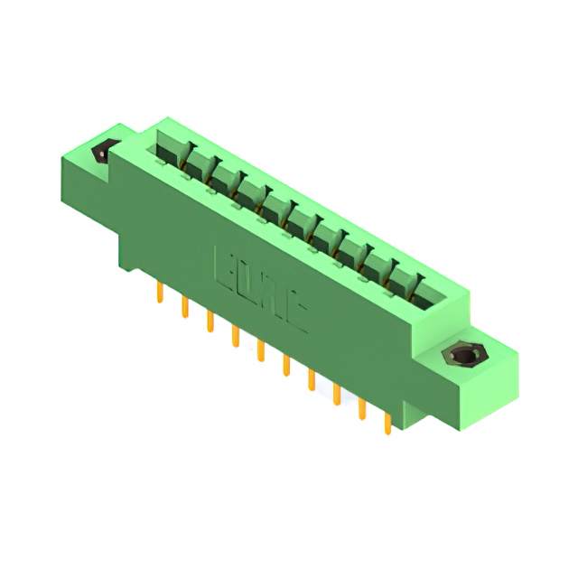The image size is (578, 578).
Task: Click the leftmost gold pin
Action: click(x=160, y=293)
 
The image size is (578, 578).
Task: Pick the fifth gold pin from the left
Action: click(x=260, y=349)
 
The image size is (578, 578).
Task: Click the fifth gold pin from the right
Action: click(x=286, y=363)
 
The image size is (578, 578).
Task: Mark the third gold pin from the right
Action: click(x=337, y=392)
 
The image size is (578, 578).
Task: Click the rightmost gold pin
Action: click(x=388, y=421)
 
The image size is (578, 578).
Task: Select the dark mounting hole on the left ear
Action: click(x=101, y=153)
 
